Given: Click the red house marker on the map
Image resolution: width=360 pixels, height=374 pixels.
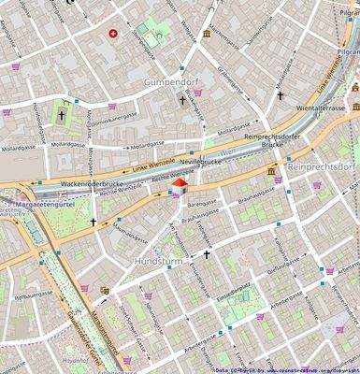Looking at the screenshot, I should click(x=178, y=190).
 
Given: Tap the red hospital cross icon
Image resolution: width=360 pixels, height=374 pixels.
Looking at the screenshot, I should click(x=114, y=34).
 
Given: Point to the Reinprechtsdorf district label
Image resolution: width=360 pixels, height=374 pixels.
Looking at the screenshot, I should click(x=323, y=165).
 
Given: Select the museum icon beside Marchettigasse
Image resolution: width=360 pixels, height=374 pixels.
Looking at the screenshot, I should click(x=206, y=35).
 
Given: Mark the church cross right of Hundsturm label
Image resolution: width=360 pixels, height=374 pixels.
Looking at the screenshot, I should click(x=207, y=253).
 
